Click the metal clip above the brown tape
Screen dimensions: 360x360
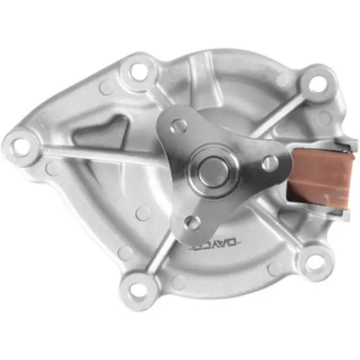tap(340, 145)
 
